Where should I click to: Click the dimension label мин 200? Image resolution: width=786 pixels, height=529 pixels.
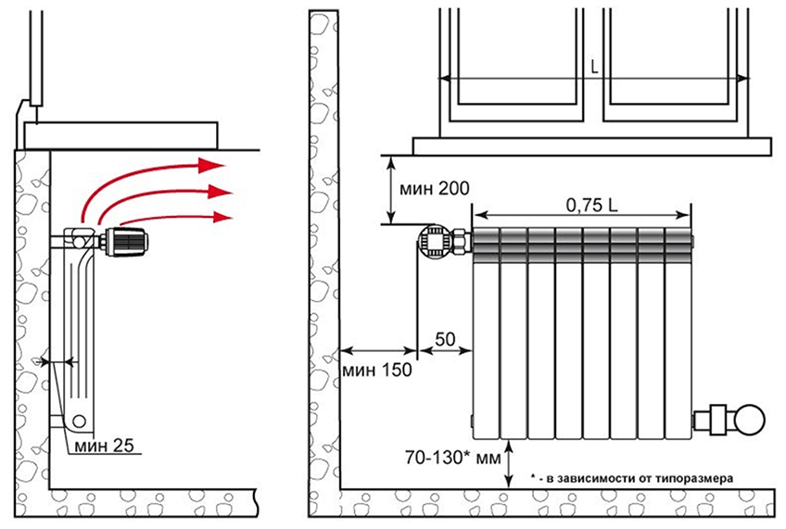[x=434, y=189]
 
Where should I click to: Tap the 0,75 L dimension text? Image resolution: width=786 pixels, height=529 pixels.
[x=591, y=205]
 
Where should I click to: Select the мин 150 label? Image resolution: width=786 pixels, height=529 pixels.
[x=376, y=370]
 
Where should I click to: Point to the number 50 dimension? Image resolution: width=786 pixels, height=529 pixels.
[x=445, y=339]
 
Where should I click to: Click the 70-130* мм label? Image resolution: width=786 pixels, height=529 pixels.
[x=452, y=458]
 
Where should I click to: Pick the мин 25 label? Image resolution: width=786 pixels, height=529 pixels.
[x=104, y=446]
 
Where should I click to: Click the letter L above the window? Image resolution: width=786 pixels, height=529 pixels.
[x=594, y=68]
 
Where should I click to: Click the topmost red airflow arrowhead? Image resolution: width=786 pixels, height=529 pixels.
[x=211, y=165]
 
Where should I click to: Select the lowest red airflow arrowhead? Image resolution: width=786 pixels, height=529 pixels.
[x=222, y=217]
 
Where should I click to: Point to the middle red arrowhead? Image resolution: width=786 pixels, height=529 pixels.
[x=220, y=192]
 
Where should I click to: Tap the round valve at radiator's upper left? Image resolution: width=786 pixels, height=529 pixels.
[x=435, y=241]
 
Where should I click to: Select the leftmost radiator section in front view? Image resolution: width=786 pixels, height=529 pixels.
[x=487, y=334]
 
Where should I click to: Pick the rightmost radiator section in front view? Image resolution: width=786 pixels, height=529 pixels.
[x=678, y=334]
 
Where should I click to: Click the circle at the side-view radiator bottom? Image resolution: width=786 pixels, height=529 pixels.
[x=78, y=420]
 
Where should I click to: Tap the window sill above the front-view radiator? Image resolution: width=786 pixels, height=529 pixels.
[x=592, y=146]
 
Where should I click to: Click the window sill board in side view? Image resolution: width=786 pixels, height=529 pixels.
[x=120, y=135]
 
